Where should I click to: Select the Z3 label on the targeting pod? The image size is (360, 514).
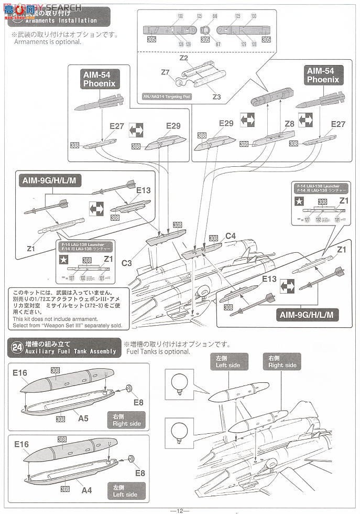216,97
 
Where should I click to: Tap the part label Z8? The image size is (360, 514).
289,124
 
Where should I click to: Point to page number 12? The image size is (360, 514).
179,510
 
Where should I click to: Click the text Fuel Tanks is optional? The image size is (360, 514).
158,351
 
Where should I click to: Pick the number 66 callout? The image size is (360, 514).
215,17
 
